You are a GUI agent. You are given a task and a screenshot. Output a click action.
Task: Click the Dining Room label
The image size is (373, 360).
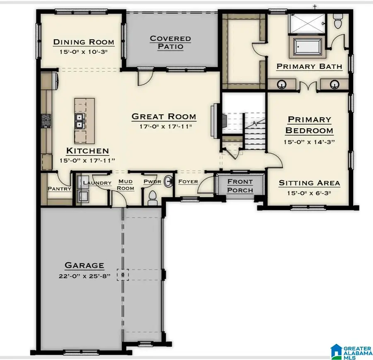click(83, 42)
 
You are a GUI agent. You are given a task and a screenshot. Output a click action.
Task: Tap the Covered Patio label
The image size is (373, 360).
click(170, 42)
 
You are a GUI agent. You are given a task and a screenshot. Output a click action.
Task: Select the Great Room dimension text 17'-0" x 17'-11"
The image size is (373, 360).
click(163, 127)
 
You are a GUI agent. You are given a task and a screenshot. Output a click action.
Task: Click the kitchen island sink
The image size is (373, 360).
click(79, 121)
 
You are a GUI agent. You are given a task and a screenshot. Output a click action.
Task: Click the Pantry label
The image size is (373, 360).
click(59, 188)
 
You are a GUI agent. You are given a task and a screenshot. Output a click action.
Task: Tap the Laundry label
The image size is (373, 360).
click(97, 183)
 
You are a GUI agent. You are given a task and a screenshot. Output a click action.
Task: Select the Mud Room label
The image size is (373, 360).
click(126, 185)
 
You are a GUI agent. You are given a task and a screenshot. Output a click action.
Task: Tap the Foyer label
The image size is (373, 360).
click(188, 182)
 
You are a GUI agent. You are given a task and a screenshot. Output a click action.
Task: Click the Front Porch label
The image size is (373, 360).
click(240, 186)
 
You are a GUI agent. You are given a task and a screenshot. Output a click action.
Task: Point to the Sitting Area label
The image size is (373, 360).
click(309, 183)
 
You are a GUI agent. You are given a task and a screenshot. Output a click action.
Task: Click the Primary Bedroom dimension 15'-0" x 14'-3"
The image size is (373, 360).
click(309, 142)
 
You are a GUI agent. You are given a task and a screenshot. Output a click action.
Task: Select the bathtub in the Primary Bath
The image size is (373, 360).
click(308, 47)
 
